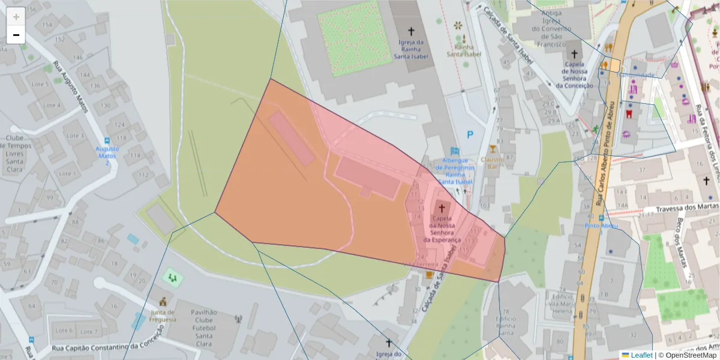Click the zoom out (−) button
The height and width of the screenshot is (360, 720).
pos(16,35)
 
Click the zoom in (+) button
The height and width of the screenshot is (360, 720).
pos(16,17)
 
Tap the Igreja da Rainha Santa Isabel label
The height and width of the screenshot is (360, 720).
pos(411,49)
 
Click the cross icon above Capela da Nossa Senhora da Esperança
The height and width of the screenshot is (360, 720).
pos(442,208)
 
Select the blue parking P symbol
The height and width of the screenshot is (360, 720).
pos(470,135)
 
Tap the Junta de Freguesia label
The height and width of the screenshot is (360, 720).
pos(163,316)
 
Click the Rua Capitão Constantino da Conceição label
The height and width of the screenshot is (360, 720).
pos(107,347)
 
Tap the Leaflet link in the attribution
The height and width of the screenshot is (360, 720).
pos(641,355)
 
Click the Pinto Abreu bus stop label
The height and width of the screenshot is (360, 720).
pos(601,226)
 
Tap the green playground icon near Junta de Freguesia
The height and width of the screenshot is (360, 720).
pos(173,277)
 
